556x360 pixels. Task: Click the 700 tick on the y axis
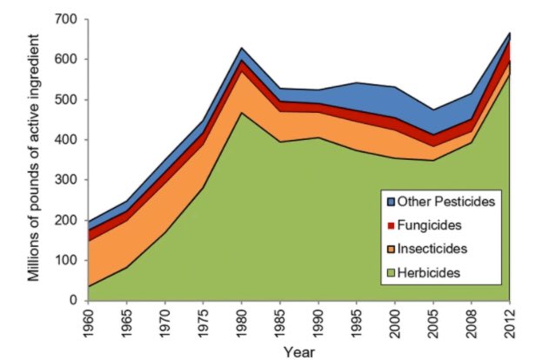[65, 19]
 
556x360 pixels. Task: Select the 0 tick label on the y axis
[74, 301]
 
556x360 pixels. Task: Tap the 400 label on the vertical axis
[65, 140]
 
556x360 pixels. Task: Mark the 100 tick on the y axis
[65, 261]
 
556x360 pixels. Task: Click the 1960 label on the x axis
[90, 323]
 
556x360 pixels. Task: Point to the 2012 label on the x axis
[509, 323]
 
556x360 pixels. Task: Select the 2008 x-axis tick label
[471, 323]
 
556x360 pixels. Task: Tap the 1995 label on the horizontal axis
[357, 323]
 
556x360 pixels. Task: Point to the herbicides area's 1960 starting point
[90, 286]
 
